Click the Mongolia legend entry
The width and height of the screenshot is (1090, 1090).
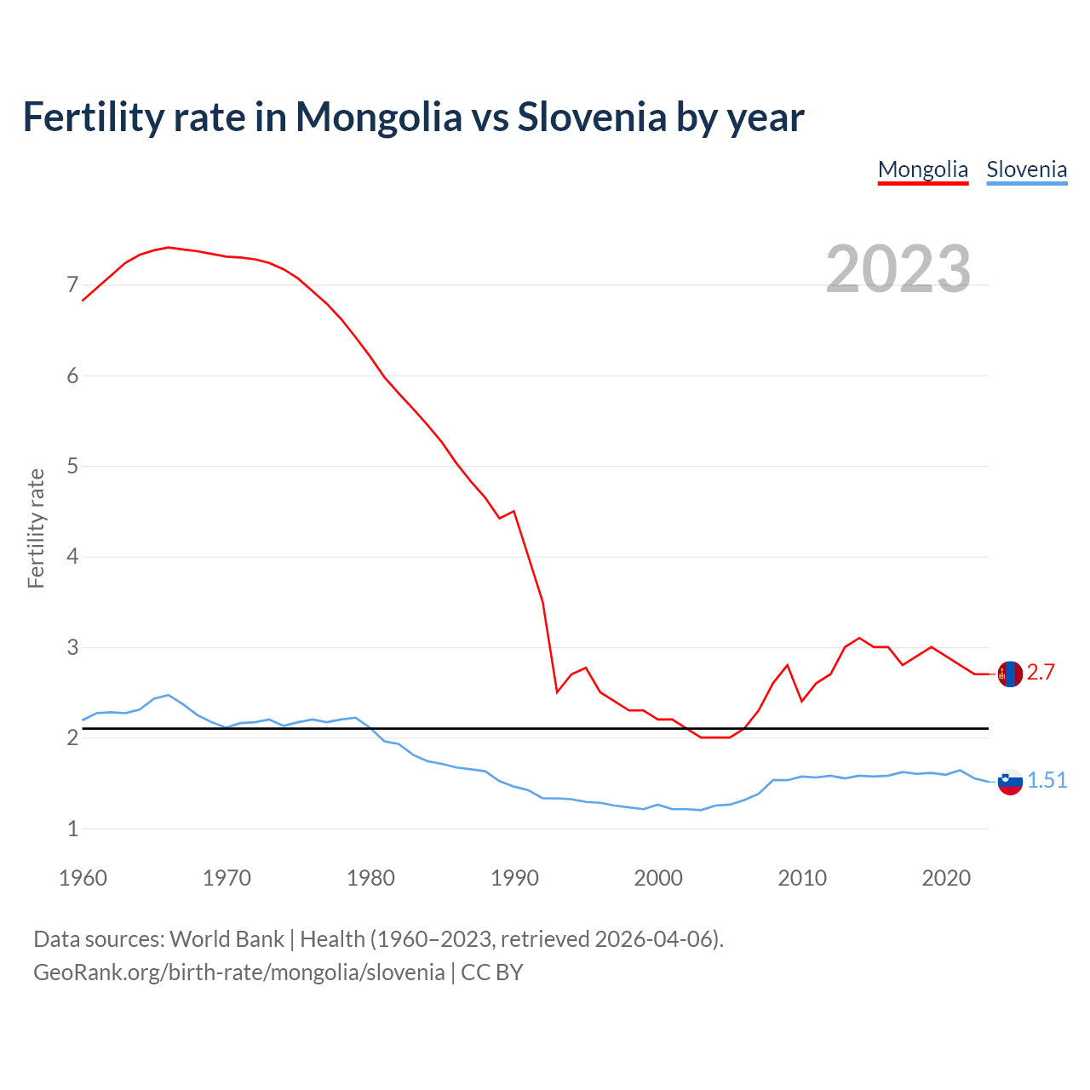(923, 169)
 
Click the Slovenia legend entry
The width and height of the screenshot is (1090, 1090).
(1026, 169)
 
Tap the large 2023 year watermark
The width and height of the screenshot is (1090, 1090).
(898, 269)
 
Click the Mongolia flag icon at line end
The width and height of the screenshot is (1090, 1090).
(1009, 674)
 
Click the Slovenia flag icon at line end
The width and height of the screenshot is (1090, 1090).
(1009, 781)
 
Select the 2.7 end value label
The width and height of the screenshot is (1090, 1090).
(1041, 673)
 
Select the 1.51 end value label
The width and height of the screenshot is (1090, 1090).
(1047, 781)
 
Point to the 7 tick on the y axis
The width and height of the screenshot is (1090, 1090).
(72, 285)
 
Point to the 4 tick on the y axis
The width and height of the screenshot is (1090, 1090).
(72, 557)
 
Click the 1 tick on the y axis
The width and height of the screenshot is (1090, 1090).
(72, 829)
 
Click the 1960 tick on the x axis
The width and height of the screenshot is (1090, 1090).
(83, 878)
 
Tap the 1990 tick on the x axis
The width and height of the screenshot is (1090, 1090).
(514, 878)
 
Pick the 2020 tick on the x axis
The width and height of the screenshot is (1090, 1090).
(946, 878)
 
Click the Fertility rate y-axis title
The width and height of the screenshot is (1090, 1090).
(36, 528)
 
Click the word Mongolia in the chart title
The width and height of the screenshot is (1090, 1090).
(378, 117)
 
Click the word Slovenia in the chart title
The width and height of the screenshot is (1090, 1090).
(592, 117)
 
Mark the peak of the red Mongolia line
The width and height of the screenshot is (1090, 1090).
(169, 247)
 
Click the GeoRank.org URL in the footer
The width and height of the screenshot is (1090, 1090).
(238, 972)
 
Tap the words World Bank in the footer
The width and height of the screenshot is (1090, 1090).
(227, 939)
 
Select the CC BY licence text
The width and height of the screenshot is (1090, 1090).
(492, 972)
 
